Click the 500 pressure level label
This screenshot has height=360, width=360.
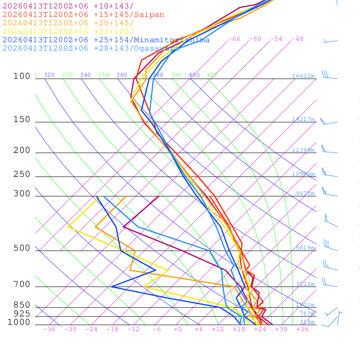click(22, 248)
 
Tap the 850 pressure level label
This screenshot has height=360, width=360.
click(22, 305)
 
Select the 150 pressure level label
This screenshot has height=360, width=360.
click(22, 120)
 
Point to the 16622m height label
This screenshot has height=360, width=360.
click(303, 76)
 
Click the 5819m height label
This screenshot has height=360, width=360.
click(305, 248)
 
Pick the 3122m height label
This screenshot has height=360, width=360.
click(305, 284)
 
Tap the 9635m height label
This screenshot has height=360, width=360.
click(305, 193)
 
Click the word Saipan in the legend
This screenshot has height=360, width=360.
click(149, 15)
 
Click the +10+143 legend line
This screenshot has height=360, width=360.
click(68, 6)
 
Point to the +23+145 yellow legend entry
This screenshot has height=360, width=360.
click(68, 31)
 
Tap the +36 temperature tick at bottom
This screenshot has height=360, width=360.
click(302, 329)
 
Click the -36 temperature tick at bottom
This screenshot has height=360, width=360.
click(49, 329)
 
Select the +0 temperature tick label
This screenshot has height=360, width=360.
click(178, 329)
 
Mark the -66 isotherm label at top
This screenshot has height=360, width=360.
click(234, 39)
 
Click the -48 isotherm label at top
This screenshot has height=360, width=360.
click(297, 39)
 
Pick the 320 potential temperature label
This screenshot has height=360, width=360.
click(49, 75)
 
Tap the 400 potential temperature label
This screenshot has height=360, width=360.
click(194, 75)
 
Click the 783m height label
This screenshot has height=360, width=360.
click(307, 314)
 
